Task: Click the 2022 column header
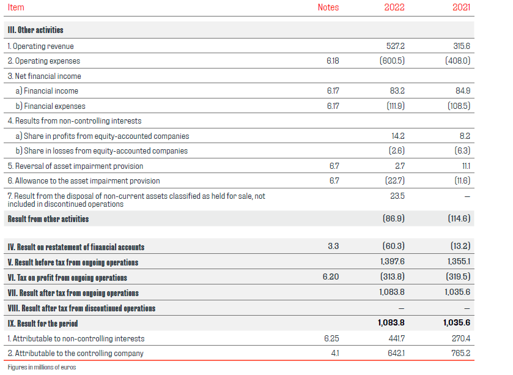pos(394,8)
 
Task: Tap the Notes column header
pos(328,8)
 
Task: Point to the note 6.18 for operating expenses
pos(333,61)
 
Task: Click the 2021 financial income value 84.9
pos(463,91)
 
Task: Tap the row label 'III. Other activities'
pos(35,30)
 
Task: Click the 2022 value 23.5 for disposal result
pos(398,196)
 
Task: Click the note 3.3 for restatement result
pos(333,247)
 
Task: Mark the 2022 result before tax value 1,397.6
pos(392,262)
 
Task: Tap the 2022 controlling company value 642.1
pos(396,353)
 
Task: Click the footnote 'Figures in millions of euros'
pos(42,368)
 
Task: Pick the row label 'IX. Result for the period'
pos(43,323)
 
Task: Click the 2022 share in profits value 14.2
pos(398,136)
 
